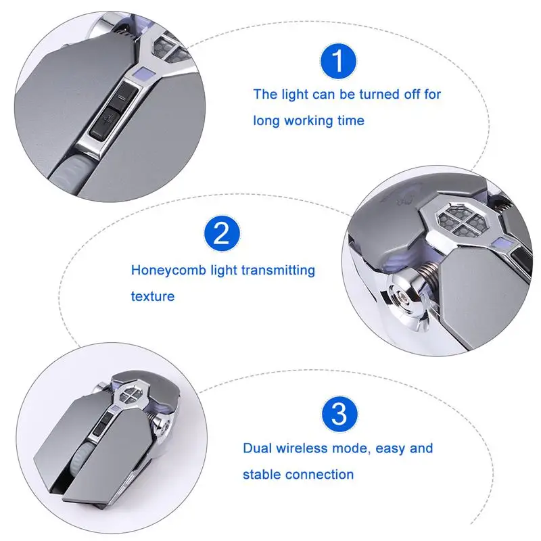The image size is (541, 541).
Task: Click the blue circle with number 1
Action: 338,62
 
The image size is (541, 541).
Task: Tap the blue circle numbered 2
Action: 222,234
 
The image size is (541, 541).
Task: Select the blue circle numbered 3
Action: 339,413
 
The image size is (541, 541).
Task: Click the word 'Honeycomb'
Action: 168,270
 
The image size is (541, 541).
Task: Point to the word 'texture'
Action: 153,296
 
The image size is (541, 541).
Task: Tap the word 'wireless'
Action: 302,448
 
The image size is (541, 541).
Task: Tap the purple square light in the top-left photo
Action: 141,74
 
